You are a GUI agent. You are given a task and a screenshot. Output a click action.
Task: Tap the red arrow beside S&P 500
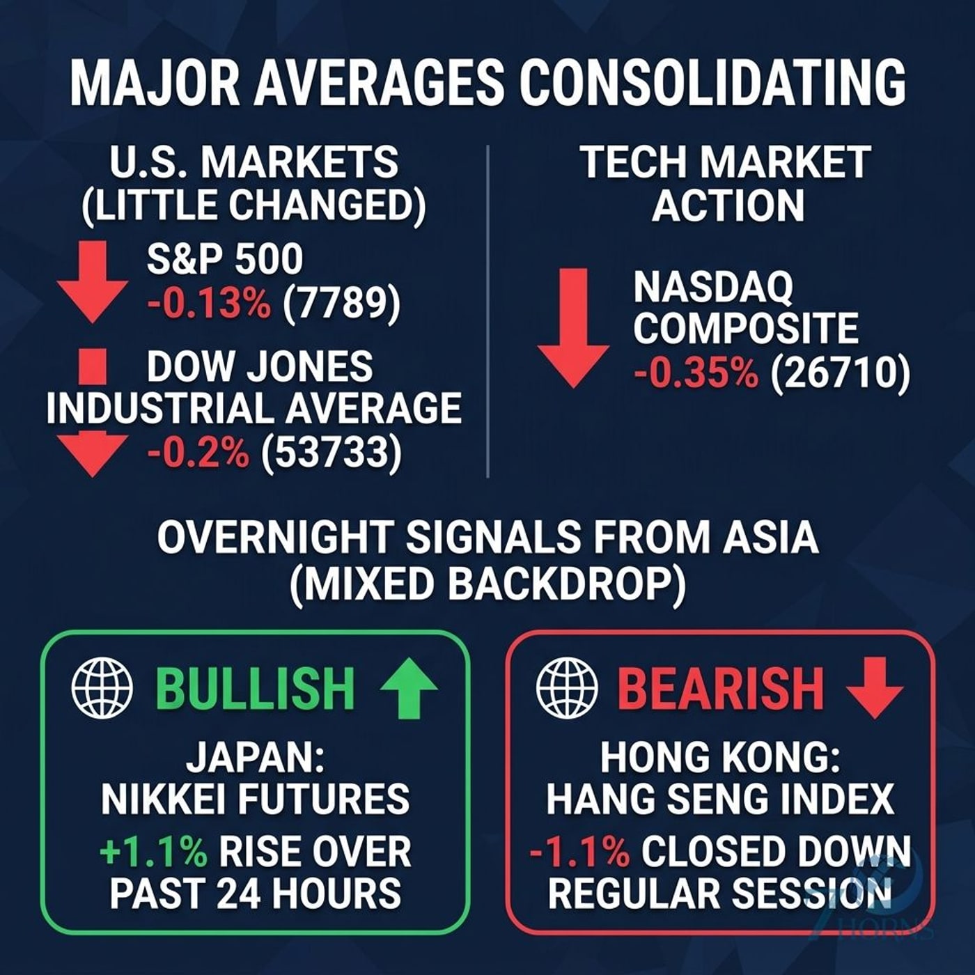coord(92,281)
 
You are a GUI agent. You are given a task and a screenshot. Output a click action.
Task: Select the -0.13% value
coord(208,305)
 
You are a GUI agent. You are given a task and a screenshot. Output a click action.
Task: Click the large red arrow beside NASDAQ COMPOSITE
coord(572,328)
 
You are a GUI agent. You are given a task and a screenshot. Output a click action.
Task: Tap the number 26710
coord(840,375)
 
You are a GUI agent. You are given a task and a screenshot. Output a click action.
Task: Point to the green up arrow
coord(409,687)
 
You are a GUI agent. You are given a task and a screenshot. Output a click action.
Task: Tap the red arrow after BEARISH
coord(875,687)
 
